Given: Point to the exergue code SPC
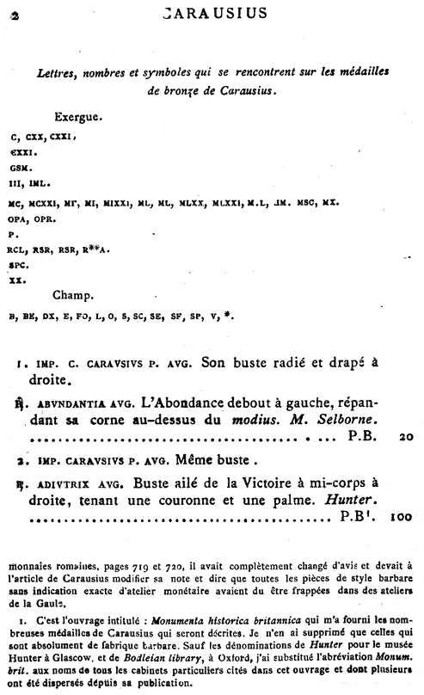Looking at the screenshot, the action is [x=19, y=265].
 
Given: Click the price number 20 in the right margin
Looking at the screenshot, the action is [x=409, y=437].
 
